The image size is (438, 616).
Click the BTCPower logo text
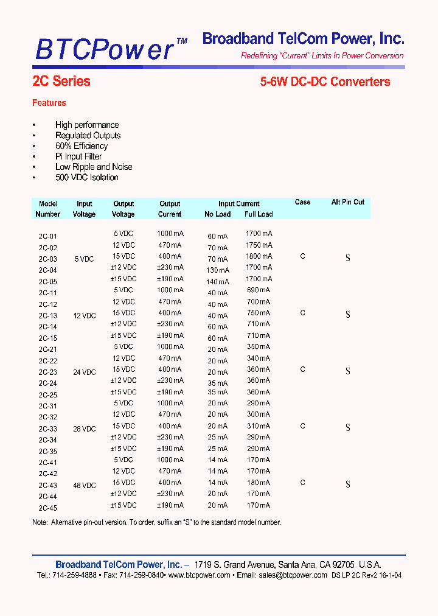coord(105,48)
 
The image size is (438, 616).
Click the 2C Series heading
coord(61,82)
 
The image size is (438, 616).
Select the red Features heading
coord(49,103)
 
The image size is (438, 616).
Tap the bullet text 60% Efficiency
coord(82,146)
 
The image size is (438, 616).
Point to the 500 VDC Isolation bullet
coord(86,178)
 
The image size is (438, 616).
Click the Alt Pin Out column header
coord(347,202)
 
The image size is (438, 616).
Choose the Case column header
coord(302,202)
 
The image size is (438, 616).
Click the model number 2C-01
coord(47,236)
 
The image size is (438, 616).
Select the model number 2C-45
coord(47,508)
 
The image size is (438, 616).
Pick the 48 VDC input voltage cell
coord(85,486)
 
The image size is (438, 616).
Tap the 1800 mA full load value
coord(259,256)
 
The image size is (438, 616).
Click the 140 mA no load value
coord(217,282)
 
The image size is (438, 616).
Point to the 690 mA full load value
coord(259,290)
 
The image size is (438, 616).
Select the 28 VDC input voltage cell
coord(85,429)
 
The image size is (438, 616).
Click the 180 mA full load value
coord(259,483)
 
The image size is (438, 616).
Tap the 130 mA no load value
coord(217,270)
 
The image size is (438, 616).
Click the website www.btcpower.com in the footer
coord(199,575)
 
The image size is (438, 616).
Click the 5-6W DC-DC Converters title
coord(325,82)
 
